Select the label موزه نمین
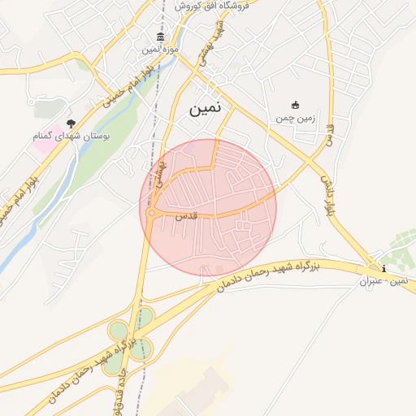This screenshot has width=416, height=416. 161,50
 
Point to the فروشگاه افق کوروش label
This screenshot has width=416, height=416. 201,6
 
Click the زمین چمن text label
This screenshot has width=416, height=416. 294,119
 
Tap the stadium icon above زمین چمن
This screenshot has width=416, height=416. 295,105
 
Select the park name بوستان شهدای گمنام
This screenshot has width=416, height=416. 67,136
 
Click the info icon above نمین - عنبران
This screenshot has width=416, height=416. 383,268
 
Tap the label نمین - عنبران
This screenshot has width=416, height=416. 388,281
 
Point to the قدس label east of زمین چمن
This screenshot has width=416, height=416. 329,134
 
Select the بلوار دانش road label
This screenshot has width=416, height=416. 329,195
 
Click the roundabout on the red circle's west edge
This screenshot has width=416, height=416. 152,213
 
